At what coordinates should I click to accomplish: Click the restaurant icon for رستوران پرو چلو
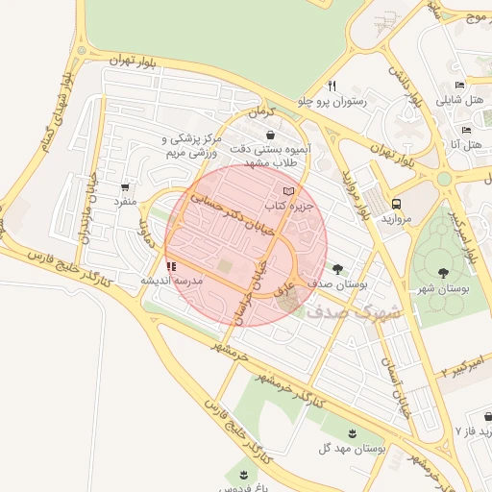(x=331, y=85)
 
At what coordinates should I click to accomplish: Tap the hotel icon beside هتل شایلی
(x=460, y=85)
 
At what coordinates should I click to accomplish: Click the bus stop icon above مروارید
(x=396, y=204)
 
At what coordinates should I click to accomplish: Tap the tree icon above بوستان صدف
(x=336, y=269)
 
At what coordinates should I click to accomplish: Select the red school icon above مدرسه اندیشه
(x=171, y=266)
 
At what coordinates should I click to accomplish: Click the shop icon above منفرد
(x=126, y=187)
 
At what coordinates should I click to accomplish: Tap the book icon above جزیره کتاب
(x=289, y=191)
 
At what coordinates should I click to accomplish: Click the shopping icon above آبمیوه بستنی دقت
(x=270, y=135)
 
